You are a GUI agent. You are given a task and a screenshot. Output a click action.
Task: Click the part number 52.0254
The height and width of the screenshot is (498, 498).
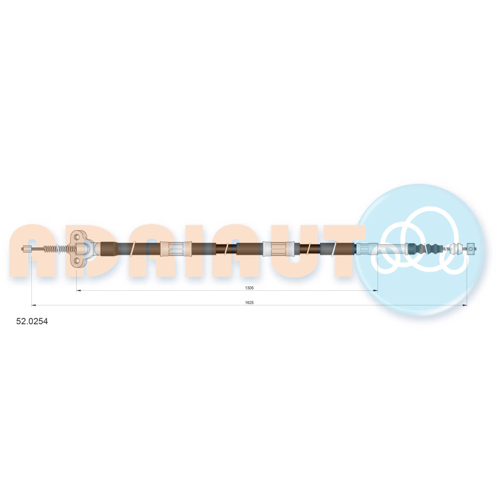(32, 321)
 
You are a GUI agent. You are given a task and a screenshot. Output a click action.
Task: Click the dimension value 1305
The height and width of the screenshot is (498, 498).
(249, 288)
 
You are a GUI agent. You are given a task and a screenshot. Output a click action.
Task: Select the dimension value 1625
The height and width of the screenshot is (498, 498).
(249, 303)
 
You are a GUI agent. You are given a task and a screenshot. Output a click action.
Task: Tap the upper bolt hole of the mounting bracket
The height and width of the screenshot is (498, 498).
(77, 236)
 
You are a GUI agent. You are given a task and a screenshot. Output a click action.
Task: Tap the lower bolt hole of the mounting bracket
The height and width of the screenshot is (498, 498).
(77, 261)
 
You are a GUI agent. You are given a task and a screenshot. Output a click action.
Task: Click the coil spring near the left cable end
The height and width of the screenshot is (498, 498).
(59, 249)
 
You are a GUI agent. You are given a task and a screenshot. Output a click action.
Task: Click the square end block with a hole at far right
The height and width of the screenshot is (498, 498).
(471, 249)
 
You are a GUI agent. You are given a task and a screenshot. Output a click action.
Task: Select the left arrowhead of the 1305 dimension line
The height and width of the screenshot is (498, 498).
(79, 291)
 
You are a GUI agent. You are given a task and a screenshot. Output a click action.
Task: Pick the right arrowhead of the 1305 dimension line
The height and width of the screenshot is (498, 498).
(375, 291)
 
